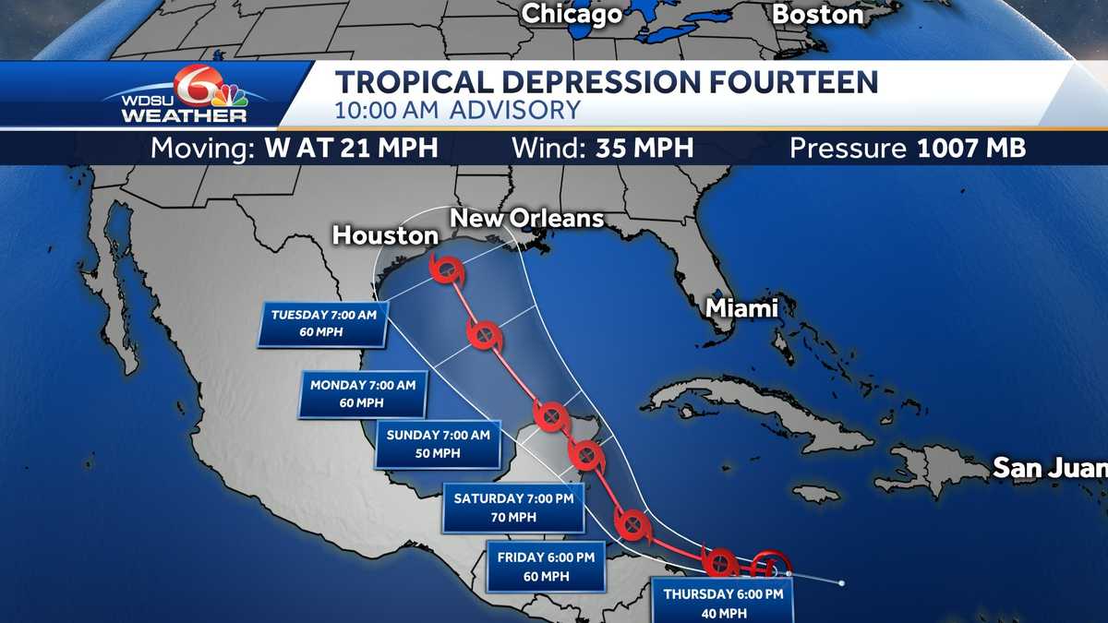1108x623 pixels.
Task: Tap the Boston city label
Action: tap(818, 15)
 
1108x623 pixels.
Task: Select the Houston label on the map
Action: tap(385, 235)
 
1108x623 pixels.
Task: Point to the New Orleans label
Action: tap(526, 219)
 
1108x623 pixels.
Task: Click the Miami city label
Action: tap(741, 308)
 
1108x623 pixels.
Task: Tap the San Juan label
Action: tap(1049, 468)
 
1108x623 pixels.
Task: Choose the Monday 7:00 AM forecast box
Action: tap(363, 393)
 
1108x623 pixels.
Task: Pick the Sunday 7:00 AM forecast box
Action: tap(438, 443)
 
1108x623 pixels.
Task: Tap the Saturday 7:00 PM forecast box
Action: tap(513, 508)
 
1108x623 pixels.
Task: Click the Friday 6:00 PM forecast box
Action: tap(545, 566)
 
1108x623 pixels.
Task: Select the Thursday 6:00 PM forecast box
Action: tap(723, 601)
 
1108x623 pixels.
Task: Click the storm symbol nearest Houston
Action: tap(448, 270)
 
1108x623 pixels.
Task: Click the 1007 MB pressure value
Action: tap(971, 149)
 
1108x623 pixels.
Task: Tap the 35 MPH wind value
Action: tap(638, 149)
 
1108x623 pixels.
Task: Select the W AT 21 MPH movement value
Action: tap(351, 149)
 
